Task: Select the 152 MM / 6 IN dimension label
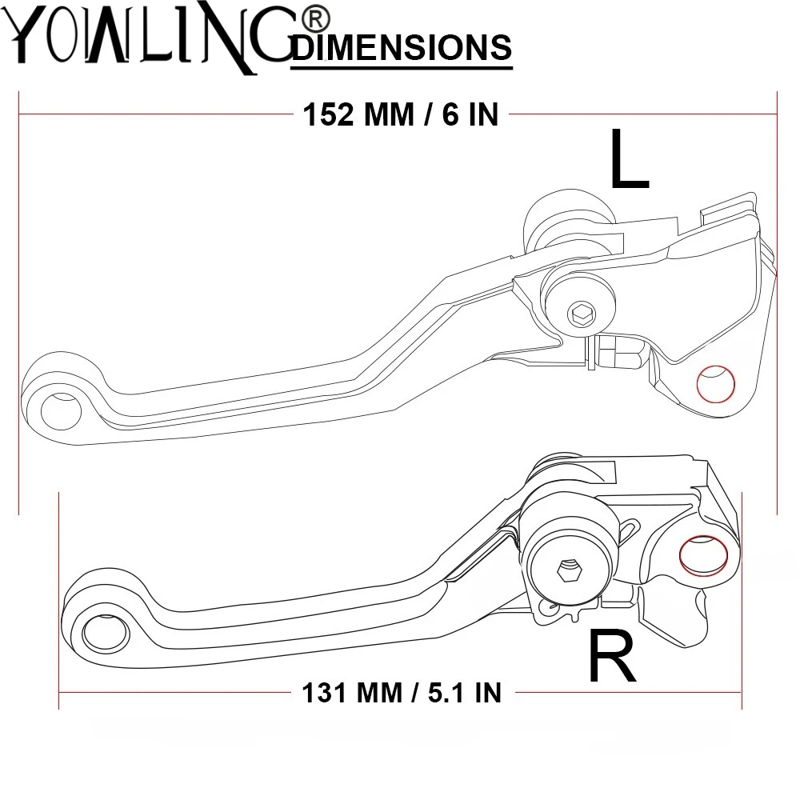coord(401,114)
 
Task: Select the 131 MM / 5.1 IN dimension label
coord(402,692)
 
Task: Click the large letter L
coord(629,160)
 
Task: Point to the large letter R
coord(612,655)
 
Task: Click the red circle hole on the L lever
coord(716,382)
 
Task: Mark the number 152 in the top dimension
coord(328,114)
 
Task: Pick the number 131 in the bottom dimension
coord(327,692)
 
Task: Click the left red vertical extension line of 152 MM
coord(18,304)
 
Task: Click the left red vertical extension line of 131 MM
coord(59,600)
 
